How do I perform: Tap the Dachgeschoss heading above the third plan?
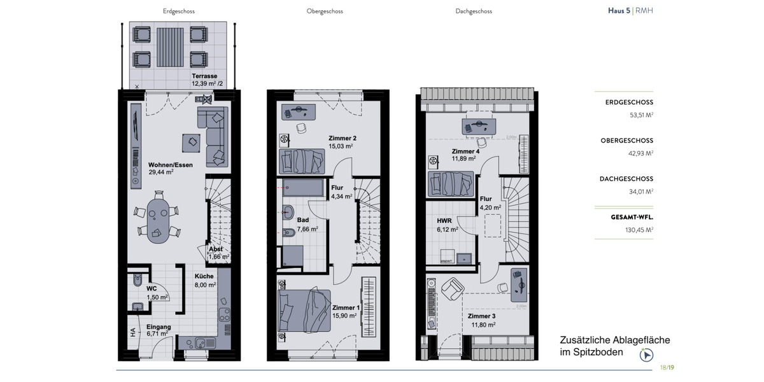(x=474, y=11)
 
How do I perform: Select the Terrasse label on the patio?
(x=205, y=76)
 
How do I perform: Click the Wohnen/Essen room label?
(x=171, y=165)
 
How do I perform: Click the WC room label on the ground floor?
(x=152, y=288)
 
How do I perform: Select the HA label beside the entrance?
(x=133, y=332)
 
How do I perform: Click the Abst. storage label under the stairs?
(x=216, y=249)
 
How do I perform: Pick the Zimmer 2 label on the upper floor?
(x=342, y=138)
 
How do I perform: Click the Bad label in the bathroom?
(x=302, y=220)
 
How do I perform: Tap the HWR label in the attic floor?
(x=445, y=220)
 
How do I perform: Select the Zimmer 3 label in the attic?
(x=481, y=316)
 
